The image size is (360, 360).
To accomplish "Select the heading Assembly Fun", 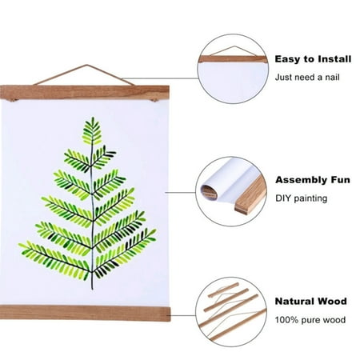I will pyautogui.click(x=313, y=180).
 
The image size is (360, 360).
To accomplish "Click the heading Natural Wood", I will pyautogui.click(x=311, y=302).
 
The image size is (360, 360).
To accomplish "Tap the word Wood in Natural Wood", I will pyautogui.click(x=333, y=302).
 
